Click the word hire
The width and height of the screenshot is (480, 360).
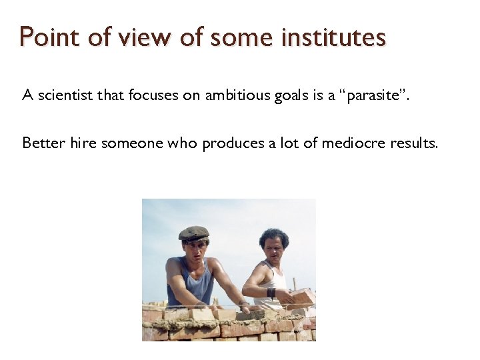pos(83,143)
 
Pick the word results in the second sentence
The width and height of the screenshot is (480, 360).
pos(415,143)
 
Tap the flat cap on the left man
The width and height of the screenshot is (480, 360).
pos(193,233)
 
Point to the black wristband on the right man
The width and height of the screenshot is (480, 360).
pos(271,292)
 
